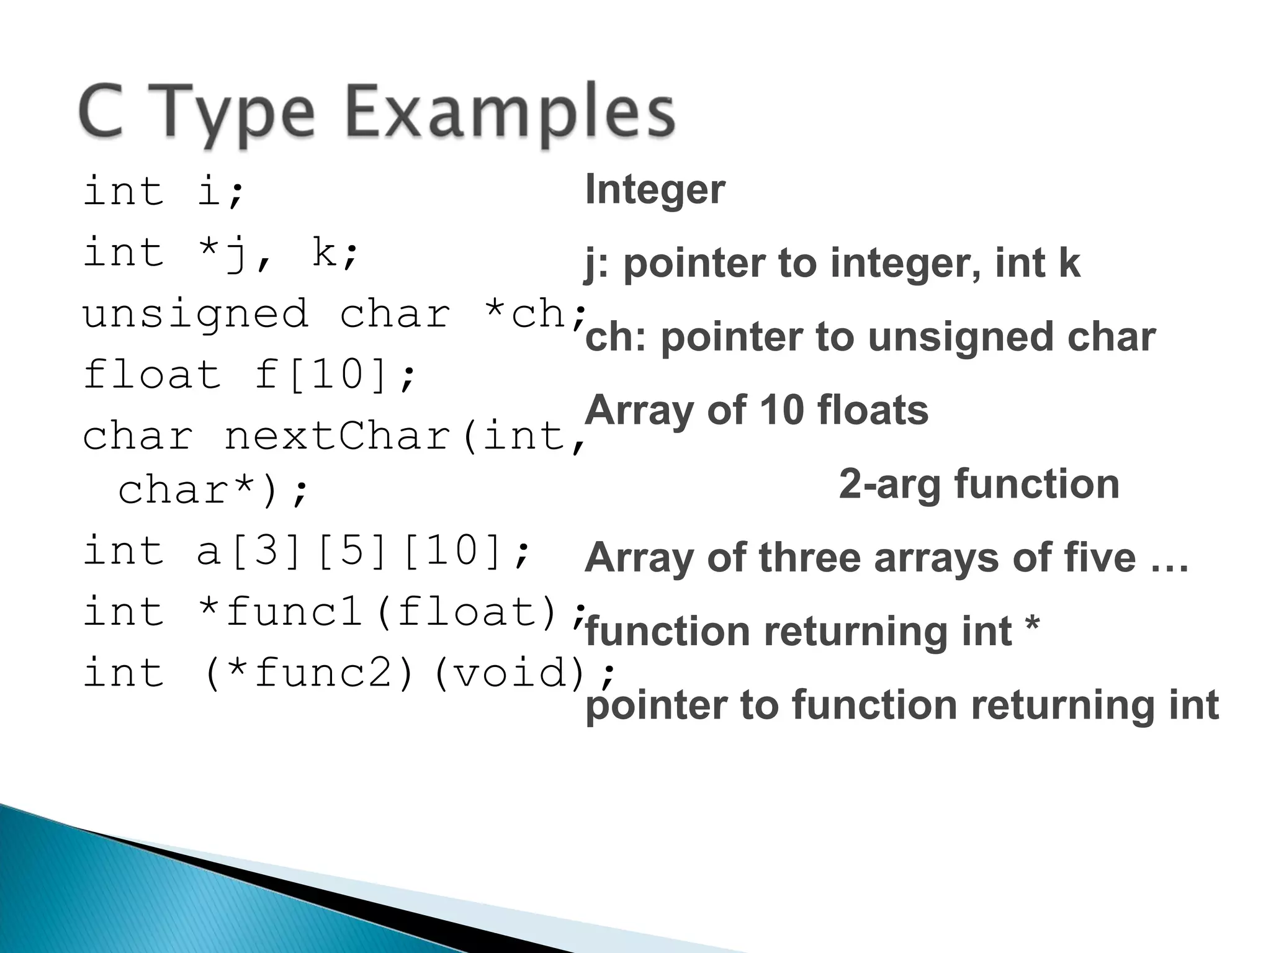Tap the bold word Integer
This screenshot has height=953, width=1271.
pos(655,189)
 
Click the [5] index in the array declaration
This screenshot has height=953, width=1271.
pos(351,550)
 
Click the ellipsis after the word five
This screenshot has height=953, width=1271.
pos(1169,558)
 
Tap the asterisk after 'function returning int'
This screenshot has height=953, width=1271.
pos(1033,627)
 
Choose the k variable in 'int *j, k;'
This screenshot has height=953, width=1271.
pos(324,252)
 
